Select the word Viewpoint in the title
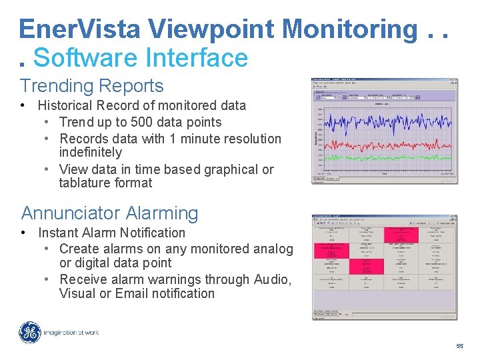tap(211, 29)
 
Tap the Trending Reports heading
tap(91, 86)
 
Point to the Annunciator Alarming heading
tap(109, 213)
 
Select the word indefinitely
tap(91, 153)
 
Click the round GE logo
tap(29, 332)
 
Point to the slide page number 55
tap(459, 347)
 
